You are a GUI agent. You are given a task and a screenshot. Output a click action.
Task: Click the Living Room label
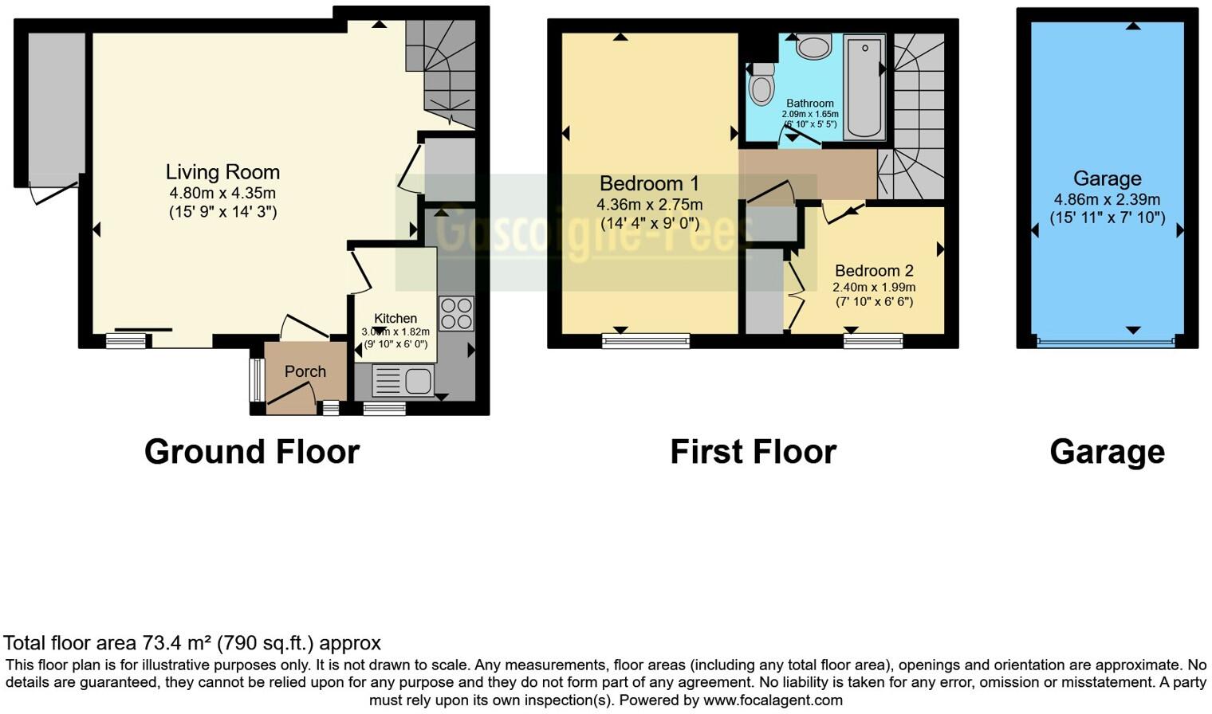pos(222,172)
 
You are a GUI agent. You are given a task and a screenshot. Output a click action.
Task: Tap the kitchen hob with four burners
pos(456,313)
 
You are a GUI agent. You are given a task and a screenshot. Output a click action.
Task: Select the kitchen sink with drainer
pos(403,381)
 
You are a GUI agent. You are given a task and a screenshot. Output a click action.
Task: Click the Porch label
pos(305,371)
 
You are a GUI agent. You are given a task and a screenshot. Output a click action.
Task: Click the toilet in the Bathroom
pos(762,85)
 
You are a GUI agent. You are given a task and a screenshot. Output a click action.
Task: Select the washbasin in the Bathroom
pos(813,47)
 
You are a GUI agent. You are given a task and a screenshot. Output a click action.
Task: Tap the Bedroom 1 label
pos(649,184)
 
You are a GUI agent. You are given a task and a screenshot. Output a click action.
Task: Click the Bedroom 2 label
pos(874,271)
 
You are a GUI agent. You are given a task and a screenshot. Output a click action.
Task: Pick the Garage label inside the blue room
pos(1107,178)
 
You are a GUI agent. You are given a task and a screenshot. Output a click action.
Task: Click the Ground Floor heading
pos(252,452)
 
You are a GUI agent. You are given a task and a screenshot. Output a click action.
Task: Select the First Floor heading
pos(753,452)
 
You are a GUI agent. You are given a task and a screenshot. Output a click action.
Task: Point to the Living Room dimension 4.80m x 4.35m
pos(222,193)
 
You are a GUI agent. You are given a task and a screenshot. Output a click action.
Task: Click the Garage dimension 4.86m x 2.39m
pos(1107,199)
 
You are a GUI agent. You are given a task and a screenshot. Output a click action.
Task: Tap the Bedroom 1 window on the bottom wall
pos(646,341)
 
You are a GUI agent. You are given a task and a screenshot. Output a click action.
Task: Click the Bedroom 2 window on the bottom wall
pos(873,341)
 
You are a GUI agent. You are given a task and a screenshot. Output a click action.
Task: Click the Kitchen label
pos(395,318)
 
